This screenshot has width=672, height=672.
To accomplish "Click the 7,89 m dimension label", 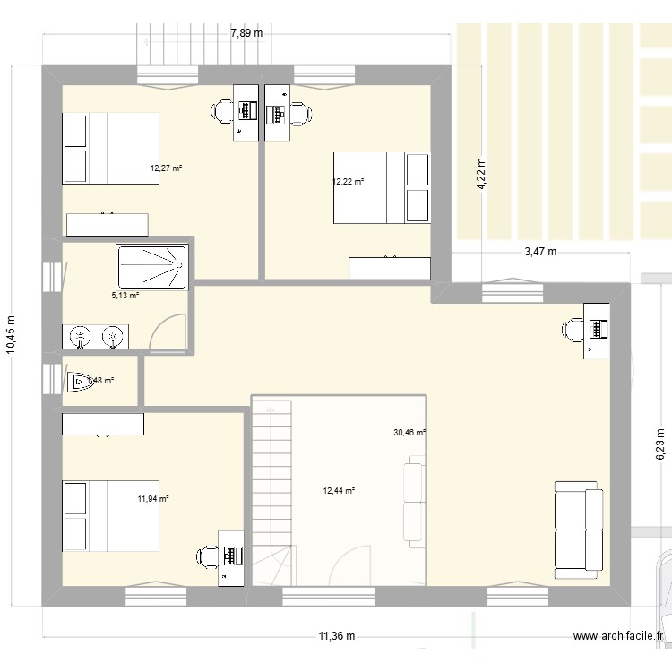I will coord(246,33).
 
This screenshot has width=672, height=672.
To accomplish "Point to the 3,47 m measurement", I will coord(540,252).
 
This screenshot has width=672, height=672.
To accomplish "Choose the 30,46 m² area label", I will coord(409,432).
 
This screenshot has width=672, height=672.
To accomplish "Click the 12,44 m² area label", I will coord(339,490).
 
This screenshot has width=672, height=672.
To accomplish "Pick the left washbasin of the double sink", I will coord(81,337).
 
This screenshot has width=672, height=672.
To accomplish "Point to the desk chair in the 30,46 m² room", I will coord(572,331).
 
